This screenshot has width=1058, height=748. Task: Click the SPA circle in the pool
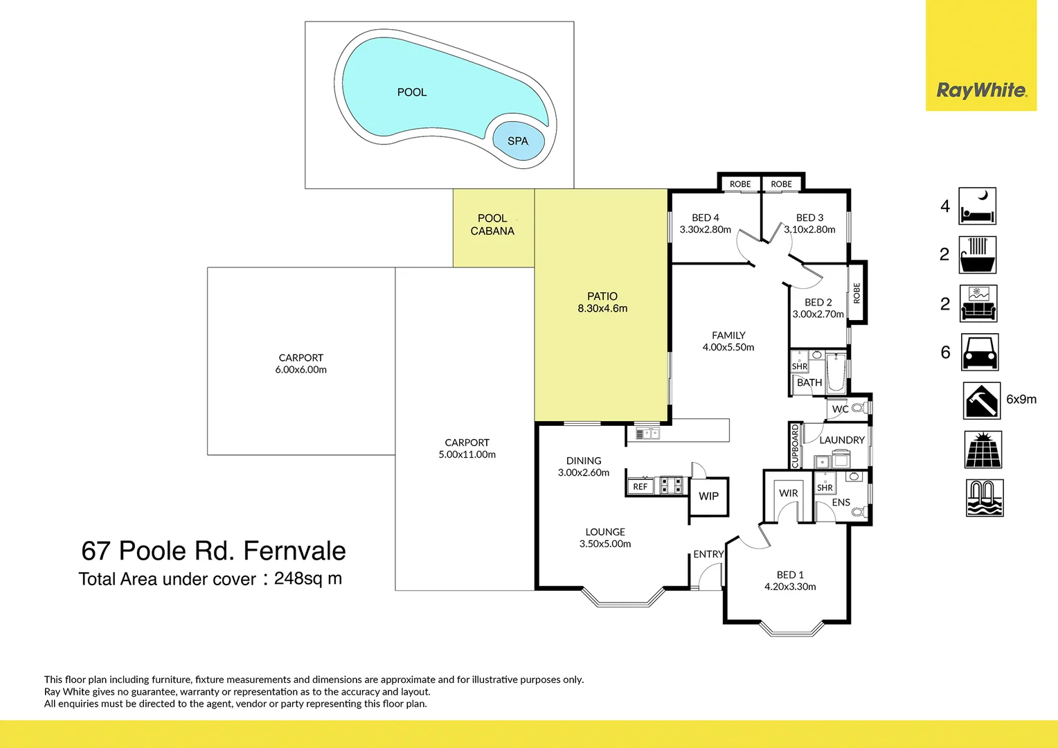tap(518, 141)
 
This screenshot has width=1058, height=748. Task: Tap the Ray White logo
tap(981, 90)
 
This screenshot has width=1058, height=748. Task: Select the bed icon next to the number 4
tap(977, 206)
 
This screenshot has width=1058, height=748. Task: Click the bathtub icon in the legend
tap(977, 255)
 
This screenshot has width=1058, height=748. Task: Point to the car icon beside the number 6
tap(979, 353)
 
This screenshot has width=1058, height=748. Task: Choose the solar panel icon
tap(983, 449)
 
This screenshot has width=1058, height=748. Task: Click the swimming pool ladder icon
tap(984, 498)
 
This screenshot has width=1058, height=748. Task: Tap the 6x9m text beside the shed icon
tap(1021, 400)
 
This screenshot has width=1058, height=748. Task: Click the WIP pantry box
tap(708, 496)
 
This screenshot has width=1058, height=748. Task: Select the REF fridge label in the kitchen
tap(640, 487)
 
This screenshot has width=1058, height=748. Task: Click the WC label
tap(840, 409)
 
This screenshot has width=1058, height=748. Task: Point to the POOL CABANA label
tap(492, 224)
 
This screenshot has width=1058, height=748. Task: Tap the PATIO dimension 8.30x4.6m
tap(602, 309)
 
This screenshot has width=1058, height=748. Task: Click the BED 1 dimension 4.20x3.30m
tap(790, 587)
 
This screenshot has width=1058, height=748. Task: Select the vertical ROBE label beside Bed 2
tap(857, 293)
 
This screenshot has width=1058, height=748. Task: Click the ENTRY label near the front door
tap(708, 554)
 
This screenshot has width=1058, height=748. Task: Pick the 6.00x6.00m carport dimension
tap(301, 370)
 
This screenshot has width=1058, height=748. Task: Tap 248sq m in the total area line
tap(307, 578)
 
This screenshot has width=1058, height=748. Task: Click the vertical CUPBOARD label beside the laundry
tap(795, 445)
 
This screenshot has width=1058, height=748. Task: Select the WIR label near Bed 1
tap(788, 493)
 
